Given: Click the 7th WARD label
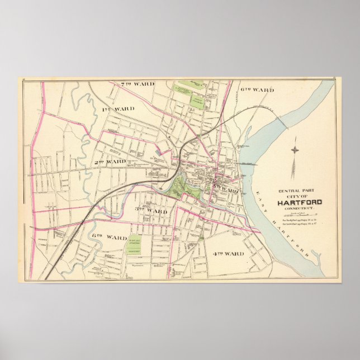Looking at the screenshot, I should (x=137, y=84).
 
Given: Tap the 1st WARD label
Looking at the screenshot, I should (x=118, y=108).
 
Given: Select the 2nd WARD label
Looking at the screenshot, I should (x=110, y=162).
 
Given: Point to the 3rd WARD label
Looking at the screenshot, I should (x=151, y=211).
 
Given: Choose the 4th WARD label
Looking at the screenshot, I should (x=228, y=254).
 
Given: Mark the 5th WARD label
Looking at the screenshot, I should (x=226, y=191).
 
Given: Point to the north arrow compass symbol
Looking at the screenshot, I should (x=295, y=157).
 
